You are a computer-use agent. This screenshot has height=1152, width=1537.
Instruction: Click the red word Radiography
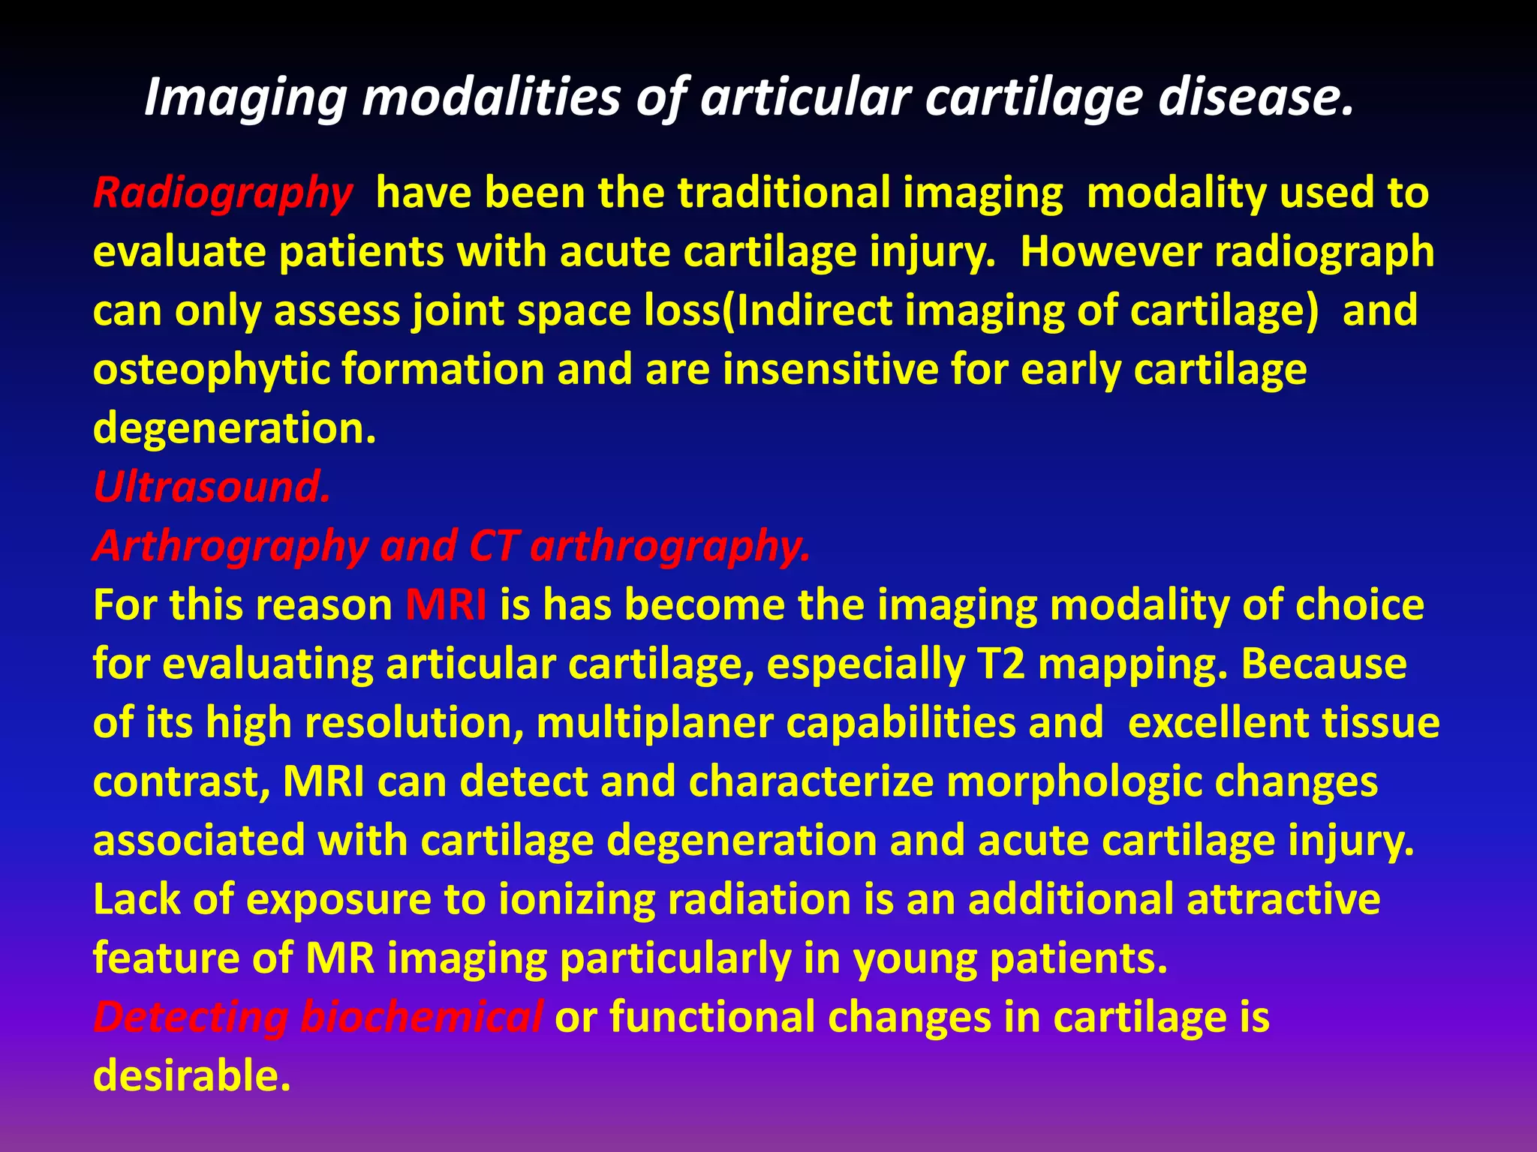(222, 193)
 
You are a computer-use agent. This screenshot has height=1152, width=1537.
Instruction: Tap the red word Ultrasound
(212, 487)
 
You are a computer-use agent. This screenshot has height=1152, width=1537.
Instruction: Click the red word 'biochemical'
(421, 1017)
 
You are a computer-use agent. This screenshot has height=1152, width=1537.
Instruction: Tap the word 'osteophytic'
(211, 370)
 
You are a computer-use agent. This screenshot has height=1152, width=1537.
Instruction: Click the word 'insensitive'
(829, 370)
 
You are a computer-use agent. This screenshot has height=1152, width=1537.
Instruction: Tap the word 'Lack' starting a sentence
(137, 899)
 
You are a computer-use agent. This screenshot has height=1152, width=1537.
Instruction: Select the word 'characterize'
(811, 782)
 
